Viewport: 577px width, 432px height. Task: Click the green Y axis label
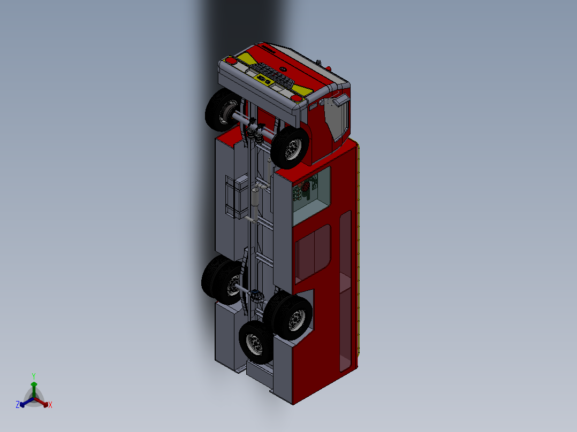point(33,376)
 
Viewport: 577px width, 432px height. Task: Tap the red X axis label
point(50,405)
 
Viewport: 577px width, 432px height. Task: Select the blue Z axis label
point(18,405)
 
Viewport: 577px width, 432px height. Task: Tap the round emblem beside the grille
point(284,68)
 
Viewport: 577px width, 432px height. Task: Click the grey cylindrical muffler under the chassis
point(255,198)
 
